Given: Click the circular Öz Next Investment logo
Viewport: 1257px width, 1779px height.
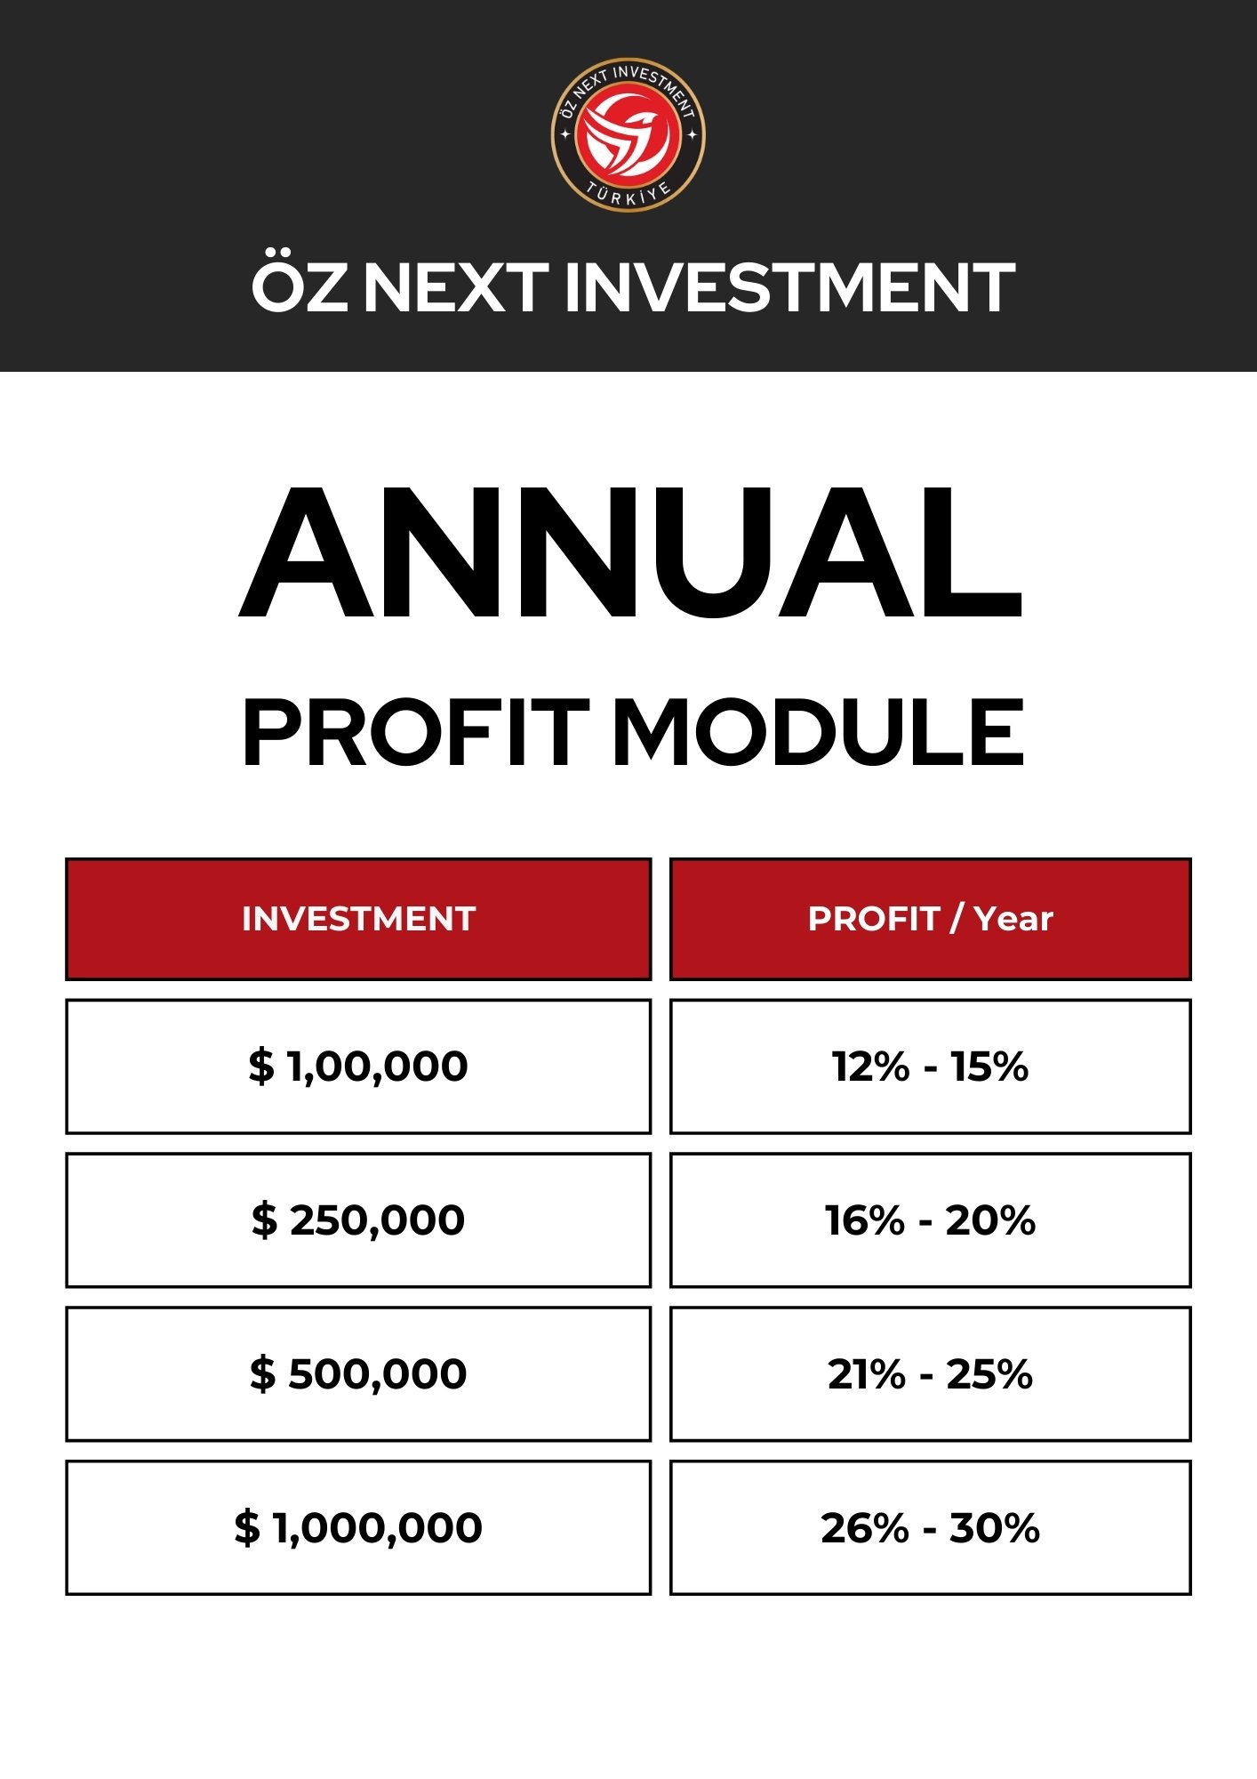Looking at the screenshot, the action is coord(628,135).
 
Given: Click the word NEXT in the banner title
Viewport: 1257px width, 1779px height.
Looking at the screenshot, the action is coord(456,287).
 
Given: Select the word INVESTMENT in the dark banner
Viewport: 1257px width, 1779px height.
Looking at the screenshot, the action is coord(789,287).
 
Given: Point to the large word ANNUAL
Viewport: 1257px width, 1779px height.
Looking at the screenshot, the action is coord(631,552).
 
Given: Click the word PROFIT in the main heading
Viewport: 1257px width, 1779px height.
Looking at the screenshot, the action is coord(416,732).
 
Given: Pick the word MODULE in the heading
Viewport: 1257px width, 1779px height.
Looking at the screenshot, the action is coord(819,732).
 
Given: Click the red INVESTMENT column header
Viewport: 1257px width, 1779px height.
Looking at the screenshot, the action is coord(358,919).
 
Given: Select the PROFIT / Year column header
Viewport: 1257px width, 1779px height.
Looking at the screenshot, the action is coord(930,919).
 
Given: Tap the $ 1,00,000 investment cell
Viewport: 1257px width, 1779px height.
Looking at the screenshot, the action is coord(358,1067).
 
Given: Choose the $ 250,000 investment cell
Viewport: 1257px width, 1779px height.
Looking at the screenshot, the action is coord(358,1220).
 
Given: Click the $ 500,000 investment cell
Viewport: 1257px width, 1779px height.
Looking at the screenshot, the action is coord(358,1374).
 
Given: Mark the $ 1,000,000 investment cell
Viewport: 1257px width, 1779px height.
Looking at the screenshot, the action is coord(358,1528).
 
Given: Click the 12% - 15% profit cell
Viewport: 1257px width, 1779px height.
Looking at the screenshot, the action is coord(930,1067).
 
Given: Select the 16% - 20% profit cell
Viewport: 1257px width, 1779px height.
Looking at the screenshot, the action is coord(930,1220).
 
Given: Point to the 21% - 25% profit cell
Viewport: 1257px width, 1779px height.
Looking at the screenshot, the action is coord(930,1374).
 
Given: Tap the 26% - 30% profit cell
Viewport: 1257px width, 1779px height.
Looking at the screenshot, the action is coord(930,1528).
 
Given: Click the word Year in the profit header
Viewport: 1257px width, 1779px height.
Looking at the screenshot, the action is coord(1013,919).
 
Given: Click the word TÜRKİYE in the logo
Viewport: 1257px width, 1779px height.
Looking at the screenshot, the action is coord(628,193).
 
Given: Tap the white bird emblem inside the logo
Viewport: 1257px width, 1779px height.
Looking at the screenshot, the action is coord(628,136).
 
